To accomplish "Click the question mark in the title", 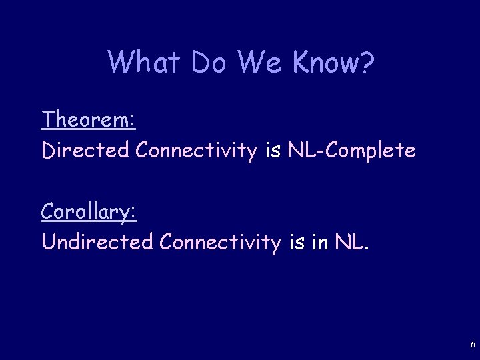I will point(366,63).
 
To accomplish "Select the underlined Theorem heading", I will point(87,120).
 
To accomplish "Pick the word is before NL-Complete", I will point(273,151).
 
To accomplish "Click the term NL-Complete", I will point(351,151).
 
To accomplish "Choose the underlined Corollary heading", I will point(87,211).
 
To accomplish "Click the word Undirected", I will point(97,242).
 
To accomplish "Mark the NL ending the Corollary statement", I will point(353,242).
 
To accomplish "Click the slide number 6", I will point(472,345).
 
